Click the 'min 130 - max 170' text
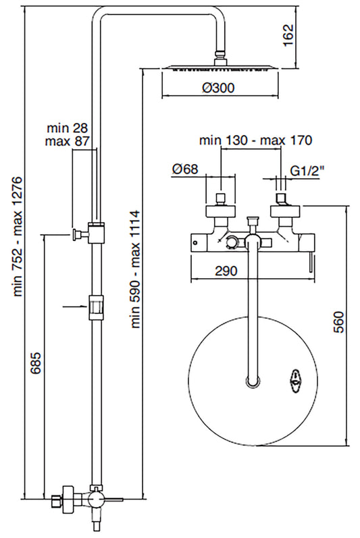(x=255, y=141)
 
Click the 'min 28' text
(x=68, y=128)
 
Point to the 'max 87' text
(x=68, y=141)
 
